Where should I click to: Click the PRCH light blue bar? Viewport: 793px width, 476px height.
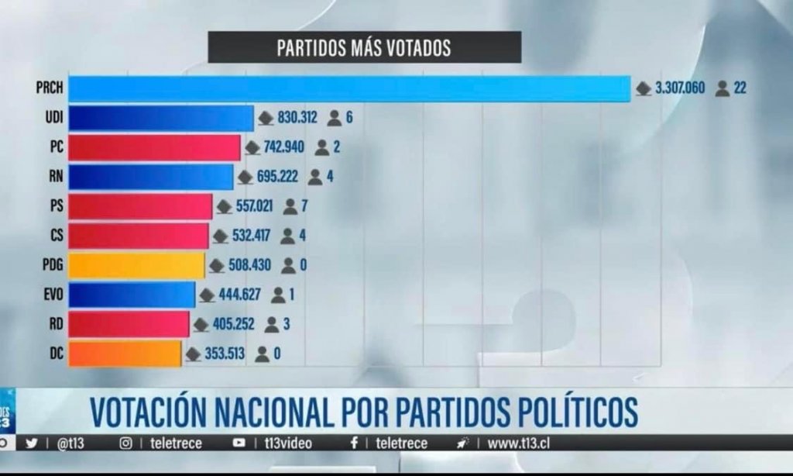point(348,88)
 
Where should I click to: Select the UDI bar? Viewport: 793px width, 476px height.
point(161,118)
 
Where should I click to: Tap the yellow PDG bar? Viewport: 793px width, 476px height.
point(136,265)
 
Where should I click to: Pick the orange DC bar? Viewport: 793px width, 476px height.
point(125,354)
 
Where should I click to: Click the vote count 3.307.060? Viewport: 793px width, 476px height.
point(680,88)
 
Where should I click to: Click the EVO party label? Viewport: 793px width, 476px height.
point(54,295)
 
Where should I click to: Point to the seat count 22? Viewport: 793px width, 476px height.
point(740,88)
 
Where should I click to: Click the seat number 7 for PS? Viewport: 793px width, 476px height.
point(307,206)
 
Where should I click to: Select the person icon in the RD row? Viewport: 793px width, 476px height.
point(272,325)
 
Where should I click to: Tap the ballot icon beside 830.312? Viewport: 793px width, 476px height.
point(266,119)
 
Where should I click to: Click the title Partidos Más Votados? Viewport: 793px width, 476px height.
point(364,47)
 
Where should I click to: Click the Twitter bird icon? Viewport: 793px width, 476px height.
point(32,443)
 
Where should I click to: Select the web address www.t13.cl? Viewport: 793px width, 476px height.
point(519,443)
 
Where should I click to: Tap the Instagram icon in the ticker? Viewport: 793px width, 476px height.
point(125,443)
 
